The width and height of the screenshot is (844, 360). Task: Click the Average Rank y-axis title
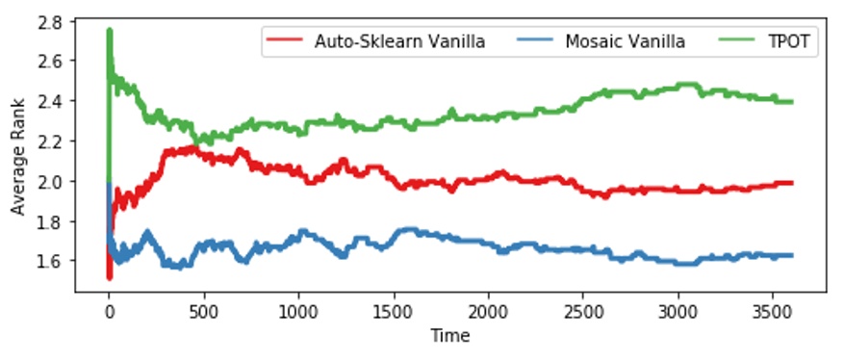[x=17, y=161]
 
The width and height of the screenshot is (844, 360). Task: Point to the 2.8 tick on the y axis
[x=54, y=20]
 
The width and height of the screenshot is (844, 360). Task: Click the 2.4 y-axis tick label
[x=54, y=100]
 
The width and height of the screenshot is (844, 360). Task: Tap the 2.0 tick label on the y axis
[x=54, y=181]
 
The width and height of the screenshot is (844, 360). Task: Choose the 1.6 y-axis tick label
[x=54, y=261]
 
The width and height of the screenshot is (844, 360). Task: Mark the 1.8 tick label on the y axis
[x=54, y=220]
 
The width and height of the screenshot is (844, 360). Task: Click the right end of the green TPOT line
[x=791, y=101]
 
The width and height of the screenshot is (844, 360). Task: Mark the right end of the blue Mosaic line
[x=791, y=255]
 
